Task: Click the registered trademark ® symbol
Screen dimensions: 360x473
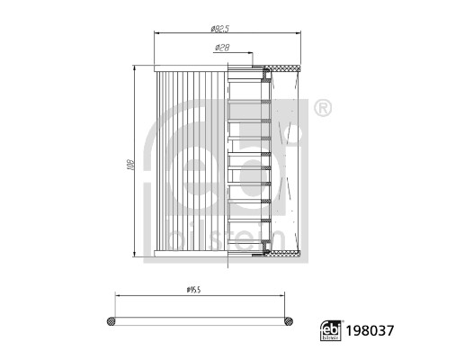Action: [x=323, y=109]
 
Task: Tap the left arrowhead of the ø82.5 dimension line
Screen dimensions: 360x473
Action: [x=158, y=33]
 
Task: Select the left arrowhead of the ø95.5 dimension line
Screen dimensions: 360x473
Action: [x=111, y=295]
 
